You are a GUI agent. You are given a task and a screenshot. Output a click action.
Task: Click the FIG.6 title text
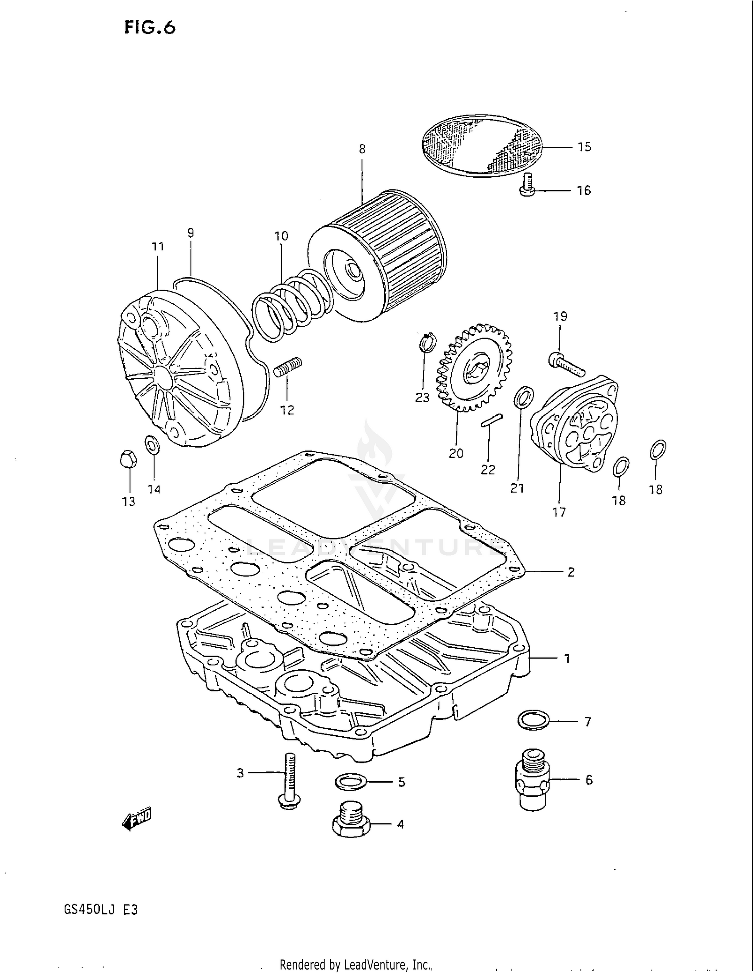tap(150, 28)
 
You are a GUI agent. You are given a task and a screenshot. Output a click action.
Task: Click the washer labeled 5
tap(350, 781)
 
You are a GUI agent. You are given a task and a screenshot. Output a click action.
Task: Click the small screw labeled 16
tap(527, 184)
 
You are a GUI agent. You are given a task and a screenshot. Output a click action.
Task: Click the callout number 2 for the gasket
tap(571, 572)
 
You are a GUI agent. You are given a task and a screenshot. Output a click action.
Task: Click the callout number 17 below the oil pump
tap(559, 512)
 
